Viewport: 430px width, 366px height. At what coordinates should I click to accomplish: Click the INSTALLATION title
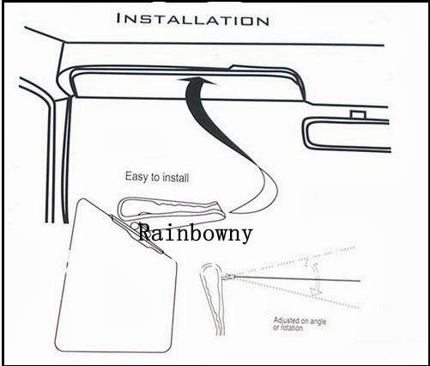[x=192, y=20]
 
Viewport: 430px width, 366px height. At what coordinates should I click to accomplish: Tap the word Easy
[x=136, y=176]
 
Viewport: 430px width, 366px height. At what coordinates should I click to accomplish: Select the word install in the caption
[x=175, y=178]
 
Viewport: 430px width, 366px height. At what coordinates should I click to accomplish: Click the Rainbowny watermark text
[x=196, y=232]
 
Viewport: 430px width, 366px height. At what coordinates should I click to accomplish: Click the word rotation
[x=291, y=327]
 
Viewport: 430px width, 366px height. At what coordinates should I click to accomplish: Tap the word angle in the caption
[x=318, y=321]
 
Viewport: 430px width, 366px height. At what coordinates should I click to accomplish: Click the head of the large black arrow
[x=197, y=81]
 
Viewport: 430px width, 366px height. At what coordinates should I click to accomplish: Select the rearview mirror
[x=346, y=135]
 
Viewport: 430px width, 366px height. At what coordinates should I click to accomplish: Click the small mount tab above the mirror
[x=358, y=114]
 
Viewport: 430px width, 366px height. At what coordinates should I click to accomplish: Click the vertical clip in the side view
[x=212, y=298]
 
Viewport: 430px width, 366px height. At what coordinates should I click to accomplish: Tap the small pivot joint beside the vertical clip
[x=227, y=277]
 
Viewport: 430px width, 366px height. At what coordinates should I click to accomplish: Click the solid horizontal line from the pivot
[x=298, y=278]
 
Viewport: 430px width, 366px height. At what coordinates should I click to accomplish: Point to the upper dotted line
[x=294, y=260]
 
